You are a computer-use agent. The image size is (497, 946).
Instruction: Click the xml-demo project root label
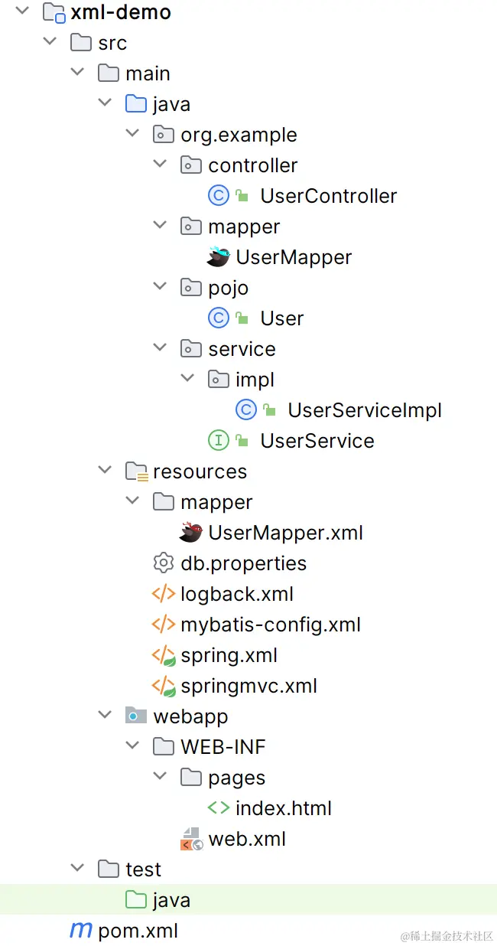coord(120,12)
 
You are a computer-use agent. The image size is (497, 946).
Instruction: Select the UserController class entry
coord(328,196)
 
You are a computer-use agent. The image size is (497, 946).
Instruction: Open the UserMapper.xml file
coord(285,533)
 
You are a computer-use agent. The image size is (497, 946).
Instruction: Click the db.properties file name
coord(243,563)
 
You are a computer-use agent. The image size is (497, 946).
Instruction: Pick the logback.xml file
coord(237,594)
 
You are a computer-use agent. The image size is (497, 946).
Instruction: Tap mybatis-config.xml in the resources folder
coord(270,625)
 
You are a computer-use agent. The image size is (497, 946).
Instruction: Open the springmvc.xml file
coord(248,686)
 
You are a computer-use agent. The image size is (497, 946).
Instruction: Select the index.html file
coord(283,808)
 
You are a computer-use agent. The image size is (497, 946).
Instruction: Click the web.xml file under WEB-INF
coord(247,839)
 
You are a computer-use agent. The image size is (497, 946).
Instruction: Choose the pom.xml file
coord(138,931)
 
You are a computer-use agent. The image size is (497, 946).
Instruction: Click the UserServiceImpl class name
coord(365,410)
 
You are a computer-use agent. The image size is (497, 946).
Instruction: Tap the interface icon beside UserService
coord(219,441)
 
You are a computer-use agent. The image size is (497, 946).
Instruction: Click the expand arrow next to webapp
coord(105,716)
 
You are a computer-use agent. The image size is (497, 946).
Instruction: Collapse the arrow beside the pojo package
coord(160,288)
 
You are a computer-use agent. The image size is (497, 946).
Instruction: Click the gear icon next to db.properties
coord(163,563)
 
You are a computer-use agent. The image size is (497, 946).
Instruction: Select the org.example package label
coord(239,135)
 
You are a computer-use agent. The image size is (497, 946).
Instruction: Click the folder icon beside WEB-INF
coord(163,747)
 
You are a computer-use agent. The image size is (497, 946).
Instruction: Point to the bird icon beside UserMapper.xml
coord(191,533)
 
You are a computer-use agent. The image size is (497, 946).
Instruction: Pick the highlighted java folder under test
coord(171,900)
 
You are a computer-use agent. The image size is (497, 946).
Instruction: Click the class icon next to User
coord(219,318)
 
